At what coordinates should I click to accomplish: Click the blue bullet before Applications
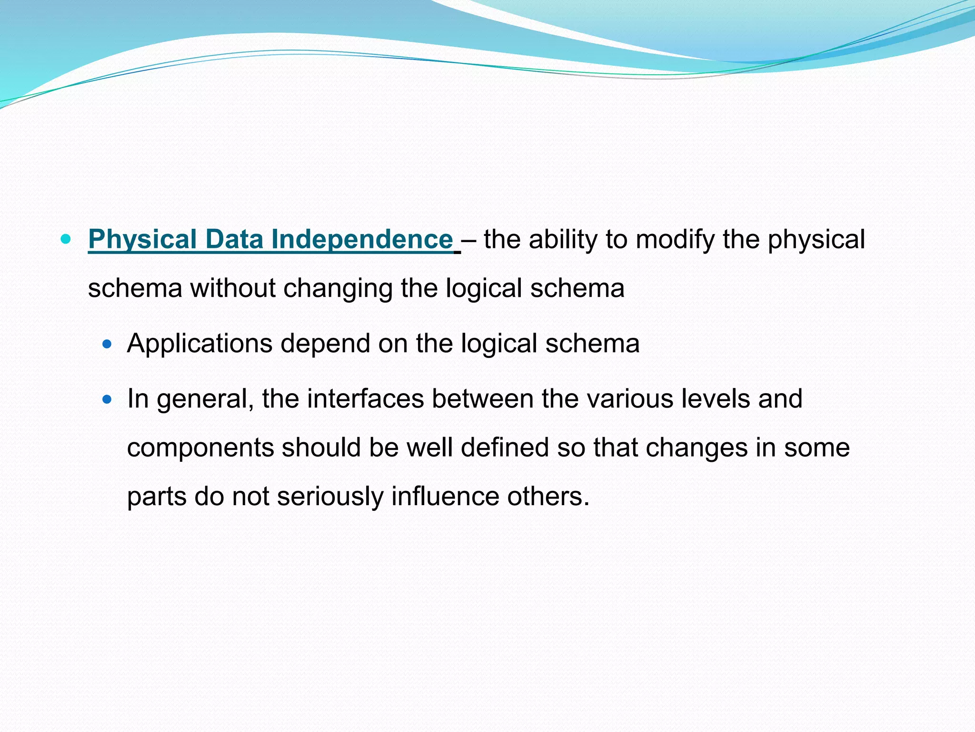[107, 343]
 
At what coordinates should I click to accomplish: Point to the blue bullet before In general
[107, 399]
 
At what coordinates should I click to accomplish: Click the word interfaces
[365, 399]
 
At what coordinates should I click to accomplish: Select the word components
[200, 448]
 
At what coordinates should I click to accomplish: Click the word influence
[446, 496]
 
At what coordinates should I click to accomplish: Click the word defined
[505, 447]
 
